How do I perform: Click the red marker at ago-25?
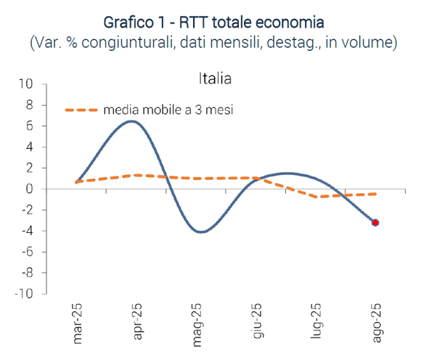[x=375, y=223]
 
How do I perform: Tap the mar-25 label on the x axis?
[x=76, y=322]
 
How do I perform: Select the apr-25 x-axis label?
[x=136, y=322]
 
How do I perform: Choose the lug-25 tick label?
[x=316, y=322]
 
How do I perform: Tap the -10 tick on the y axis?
[x=24, y=295]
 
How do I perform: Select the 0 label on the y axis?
[x=30, y=189]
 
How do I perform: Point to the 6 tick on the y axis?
[x=30, y=126]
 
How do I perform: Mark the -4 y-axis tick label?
[x=27, y=232]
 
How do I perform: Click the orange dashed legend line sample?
[x=81, y=110]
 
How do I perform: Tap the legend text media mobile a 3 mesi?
[x=168, y=110]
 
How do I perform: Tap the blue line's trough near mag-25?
[x=201, y=232]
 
